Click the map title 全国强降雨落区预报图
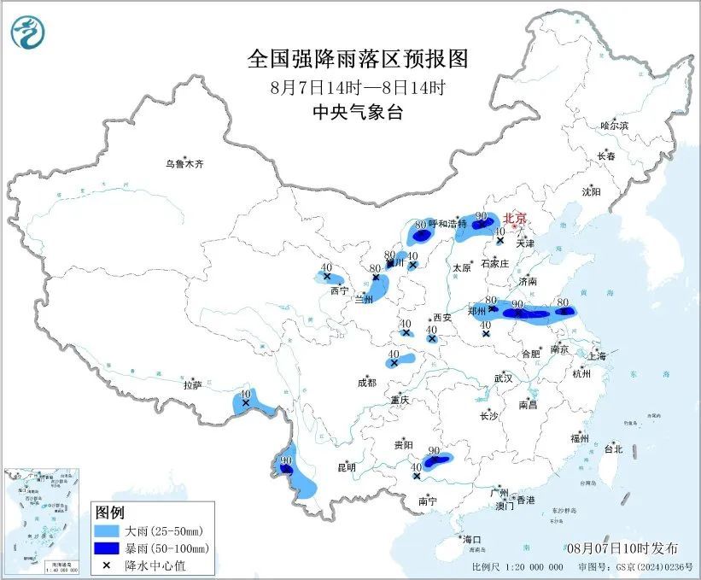point(358,58)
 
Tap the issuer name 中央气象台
point(358,113)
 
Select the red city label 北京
point(516,218)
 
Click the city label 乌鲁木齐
point(185,163)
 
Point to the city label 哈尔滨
point(613,126)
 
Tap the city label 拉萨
point(191,385)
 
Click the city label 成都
point(365,384)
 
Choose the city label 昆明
point(347,467)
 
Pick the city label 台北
point(612,448)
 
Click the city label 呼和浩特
point(447,224)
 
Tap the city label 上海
point(598,355)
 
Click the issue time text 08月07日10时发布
point(622,547)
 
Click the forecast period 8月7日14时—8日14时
point(358,86)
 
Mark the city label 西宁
point(339,290)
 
